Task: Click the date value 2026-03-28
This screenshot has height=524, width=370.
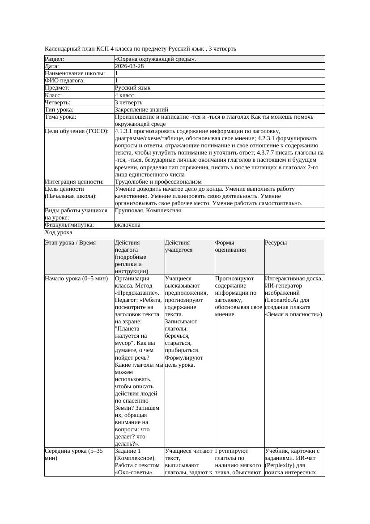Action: click(129, 66)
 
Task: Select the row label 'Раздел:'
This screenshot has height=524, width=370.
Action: click(55, 59)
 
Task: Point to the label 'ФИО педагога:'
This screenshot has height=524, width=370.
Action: click(65, 81)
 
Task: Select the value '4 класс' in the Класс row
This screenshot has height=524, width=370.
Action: click(124, 95)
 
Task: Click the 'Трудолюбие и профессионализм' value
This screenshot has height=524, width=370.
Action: click(158, 182)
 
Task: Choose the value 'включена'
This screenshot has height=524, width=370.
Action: click(128, 225)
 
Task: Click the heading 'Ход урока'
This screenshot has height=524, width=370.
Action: click(59, 232)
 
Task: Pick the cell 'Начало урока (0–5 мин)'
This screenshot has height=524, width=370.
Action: click(77, 279)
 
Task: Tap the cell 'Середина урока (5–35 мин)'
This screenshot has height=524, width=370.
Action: click(74, 455)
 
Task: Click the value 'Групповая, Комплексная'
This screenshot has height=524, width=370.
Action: click(148, 210)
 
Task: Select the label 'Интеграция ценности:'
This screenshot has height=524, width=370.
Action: click(74, 182)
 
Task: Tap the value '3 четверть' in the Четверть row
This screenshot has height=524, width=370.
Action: click(128, 103)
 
